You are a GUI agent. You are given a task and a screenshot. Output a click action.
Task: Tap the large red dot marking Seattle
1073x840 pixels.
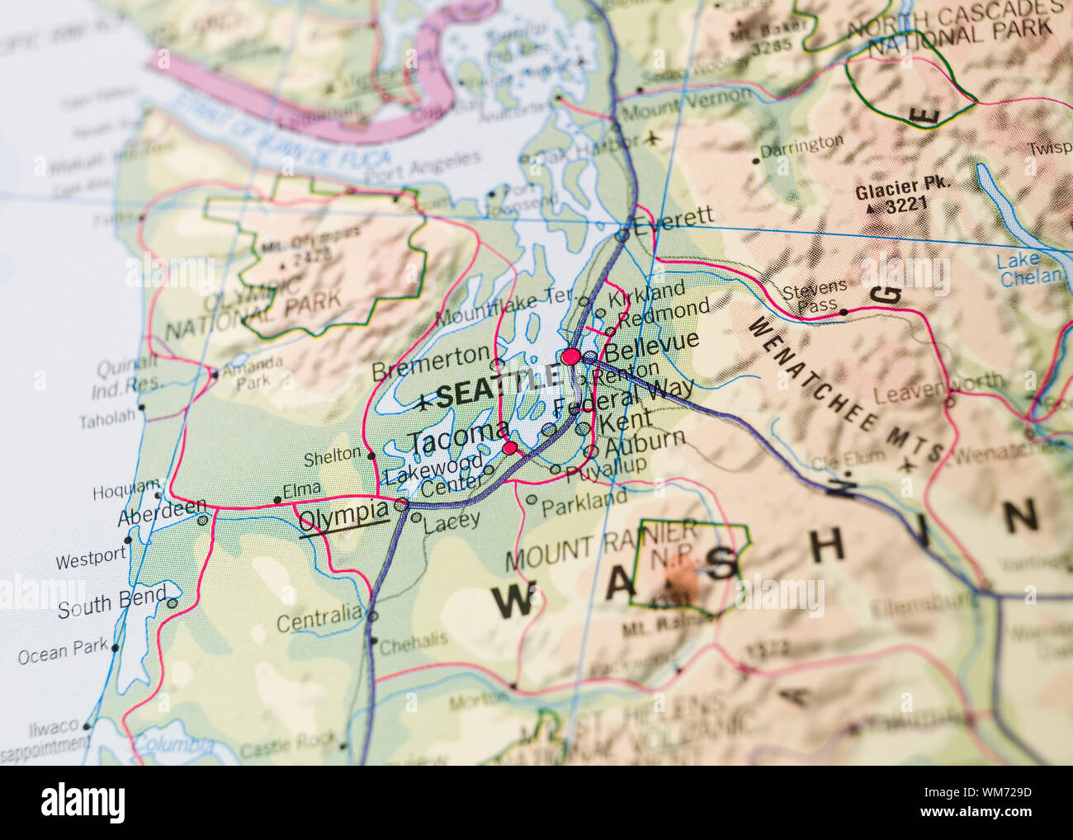(x=570, y=356)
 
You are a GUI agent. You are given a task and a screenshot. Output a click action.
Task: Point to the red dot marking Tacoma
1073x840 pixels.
(x=511, y=448)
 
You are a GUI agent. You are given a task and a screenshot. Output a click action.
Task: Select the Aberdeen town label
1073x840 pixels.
(x=161, y=512)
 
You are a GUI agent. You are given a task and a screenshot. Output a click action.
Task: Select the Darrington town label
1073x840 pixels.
(x=801, y=146)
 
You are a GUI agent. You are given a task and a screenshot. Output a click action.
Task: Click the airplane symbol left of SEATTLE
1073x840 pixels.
(x=423, y=403)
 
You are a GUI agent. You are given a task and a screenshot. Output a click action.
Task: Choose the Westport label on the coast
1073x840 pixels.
(x=91, y=559)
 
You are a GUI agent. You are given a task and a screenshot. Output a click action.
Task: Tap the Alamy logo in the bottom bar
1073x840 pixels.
(x=83, y=802)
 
